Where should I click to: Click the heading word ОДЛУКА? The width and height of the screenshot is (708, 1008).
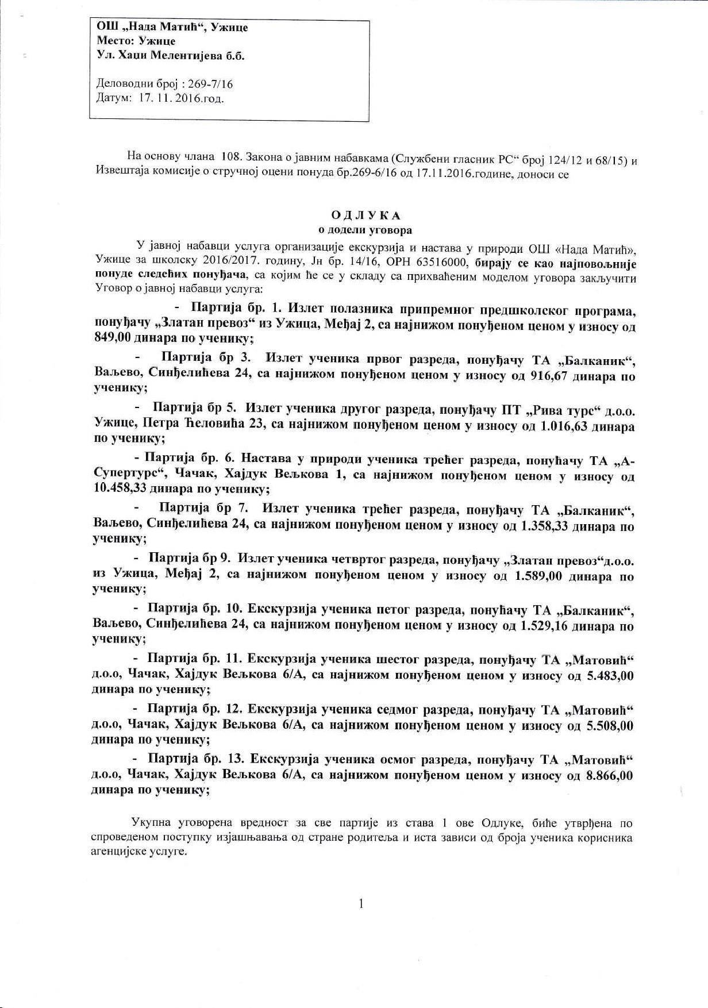pos(365,216)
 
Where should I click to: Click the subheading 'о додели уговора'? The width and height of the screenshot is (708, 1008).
pos(365,230)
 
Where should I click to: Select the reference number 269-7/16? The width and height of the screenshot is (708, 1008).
pos(210,84)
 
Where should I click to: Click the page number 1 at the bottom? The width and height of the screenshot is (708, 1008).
pos(361,904)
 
